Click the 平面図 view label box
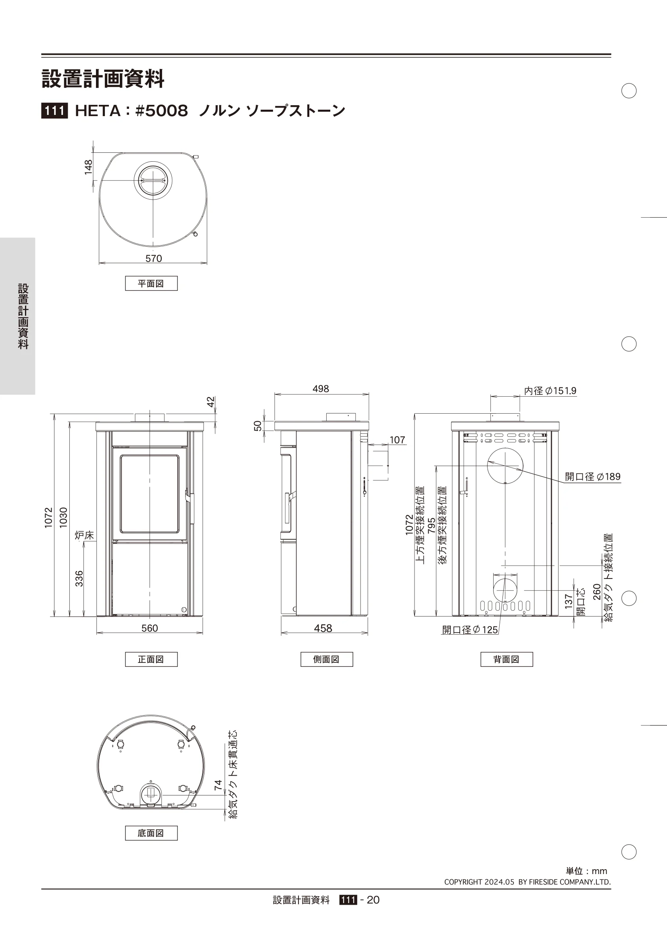point(151,283)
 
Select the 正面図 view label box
point(151,659)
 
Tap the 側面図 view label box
point(327,659)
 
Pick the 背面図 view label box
point(507,659)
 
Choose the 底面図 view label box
point(151,833)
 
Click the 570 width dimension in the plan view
point(154,258)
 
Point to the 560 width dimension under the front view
point(150,628)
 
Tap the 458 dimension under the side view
point(323,628)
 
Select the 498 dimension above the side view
point(321,389)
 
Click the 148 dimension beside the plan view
point(88,167)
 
